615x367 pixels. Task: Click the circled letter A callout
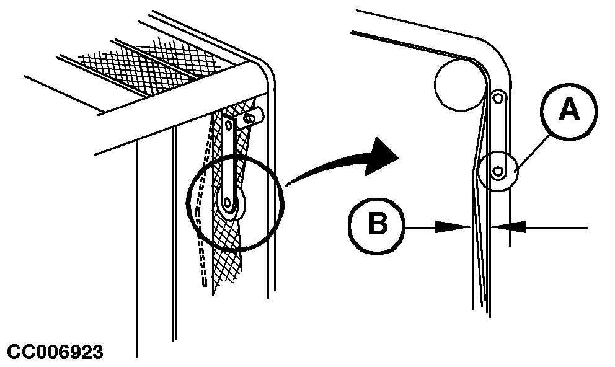pyautogui.click(x=569, y=110)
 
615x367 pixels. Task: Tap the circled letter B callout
pyautogui.click(x=377, y=226)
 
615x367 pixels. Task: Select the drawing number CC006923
pyautogui.click(x=55, y=352)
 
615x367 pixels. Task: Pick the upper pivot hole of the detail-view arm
pyautogui.click(x=498, y=97)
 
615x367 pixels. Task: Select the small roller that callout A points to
pyautogui.click(x=498, y=171)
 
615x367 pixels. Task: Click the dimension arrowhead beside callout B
pyautogui.click(x=453, y=227)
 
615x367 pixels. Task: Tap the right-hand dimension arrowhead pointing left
pyautogui.click(x=508, y=227)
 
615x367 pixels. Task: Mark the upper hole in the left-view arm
pyautogui.click(x=229, y=125)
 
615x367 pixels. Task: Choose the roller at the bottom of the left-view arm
pyautogui.click(x=231, y=203)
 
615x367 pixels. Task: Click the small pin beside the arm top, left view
pyautogui.click(x=251, y=117)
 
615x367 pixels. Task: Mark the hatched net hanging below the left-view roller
pyautogui.click(x=228, y=255)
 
